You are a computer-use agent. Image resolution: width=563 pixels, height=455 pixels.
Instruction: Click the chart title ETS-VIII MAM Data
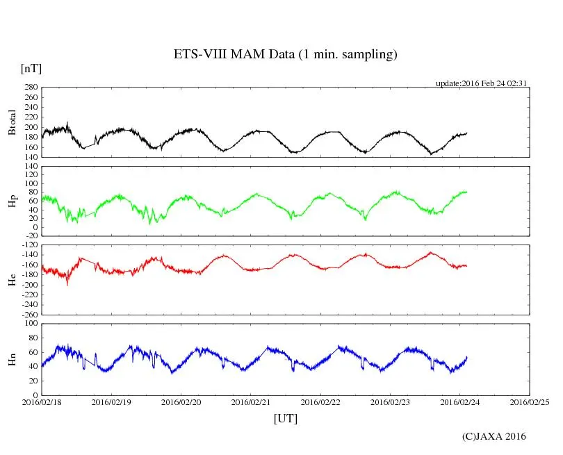click(x=285, y=55)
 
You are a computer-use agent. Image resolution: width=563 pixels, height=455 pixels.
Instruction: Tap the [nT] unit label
click(x=31, y=69)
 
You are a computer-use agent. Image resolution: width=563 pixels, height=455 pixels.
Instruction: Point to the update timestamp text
click(x=482, y=83)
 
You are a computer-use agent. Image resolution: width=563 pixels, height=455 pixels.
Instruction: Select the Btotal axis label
click(x=12, y=122)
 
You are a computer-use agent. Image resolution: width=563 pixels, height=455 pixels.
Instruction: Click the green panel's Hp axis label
click(x=12, y=201)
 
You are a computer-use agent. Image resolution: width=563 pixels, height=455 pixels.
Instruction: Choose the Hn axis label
click(x=12, y=359)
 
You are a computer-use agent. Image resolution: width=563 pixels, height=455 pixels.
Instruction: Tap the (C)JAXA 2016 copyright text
click(x=493, y=436)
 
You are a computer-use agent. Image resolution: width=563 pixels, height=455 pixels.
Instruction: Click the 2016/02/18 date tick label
click(x=42, y=402)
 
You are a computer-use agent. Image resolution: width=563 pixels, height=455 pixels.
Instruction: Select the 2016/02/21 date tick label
click(x=251, y=402)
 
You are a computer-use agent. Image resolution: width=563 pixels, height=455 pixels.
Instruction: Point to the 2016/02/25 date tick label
click(x=530, y=402)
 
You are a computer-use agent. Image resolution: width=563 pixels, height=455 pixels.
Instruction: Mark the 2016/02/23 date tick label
click(x=391, y=402)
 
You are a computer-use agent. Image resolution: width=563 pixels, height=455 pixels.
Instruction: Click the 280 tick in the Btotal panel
click(x=30, y=88)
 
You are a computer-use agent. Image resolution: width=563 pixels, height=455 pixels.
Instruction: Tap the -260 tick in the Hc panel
click(x=28, y=314)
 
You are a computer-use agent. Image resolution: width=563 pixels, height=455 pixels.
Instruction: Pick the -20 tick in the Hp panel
click(x=31, y=236)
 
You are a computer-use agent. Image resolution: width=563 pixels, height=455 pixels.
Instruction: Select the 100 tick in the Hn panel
click(x=30, y=324)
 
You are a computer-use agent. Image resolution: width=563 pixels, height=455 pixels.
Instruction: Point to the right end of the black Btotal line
click(x=467, y=133)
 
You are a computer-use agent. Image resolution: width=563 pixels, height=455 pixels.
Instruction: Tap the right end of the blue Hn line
click(x=467, y=356)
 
